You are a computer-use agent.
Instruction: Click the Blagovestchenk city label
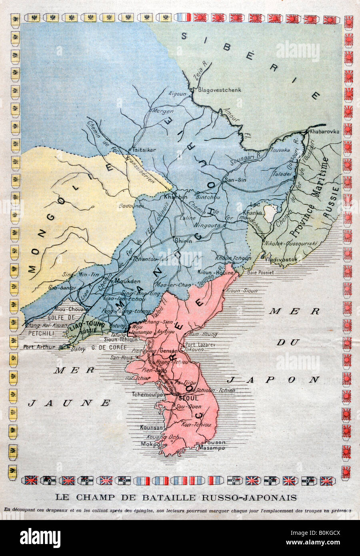(x=220, y=90)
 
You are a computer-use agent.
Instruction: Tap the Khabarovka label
(x=324, y=132)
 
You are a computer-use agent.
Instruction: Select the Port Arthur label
(x=39, y=347)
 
